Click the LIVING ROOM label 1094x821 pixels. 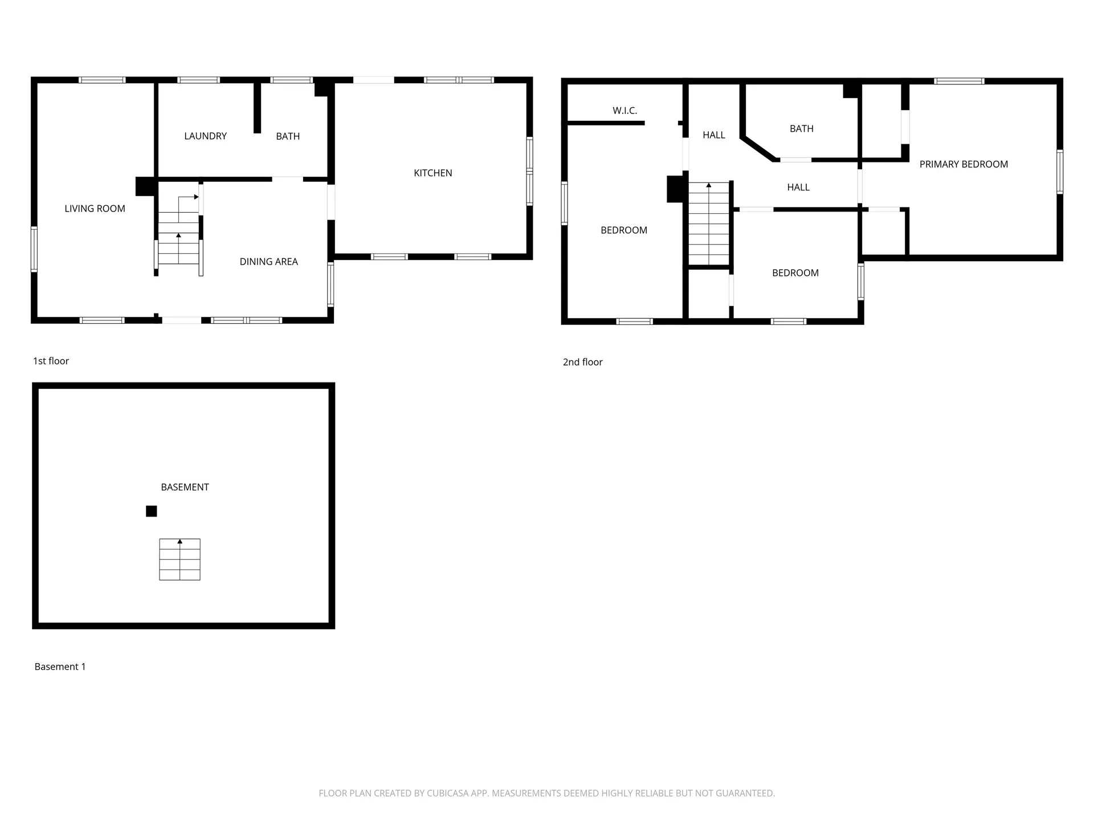(95, 209)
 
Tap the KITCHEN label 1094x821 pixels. (432, 173)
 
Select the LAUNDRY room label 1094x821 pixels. (205, 136)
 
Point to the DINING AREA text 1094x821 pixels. (268, 262)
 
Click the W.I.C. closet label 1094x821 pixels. (624, 111)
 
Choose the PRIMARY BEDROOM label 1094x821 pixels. (964, 164)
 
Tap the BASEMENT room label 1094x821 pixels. (185, 487)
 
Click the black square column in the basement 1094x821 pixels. (151, 511)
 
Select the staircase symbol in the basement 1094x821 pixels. (179, 559)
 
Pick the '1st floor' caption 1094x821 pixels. (51, 361)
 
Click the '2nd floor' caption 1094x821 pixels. (582, 362)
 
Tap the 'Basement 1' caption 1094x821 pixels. (60, 666)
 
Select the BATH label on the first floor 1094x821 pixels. (288, 136)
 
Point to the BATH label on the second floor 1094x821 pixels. (801, 129)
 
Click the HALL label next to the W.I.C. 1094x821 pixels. (713, 135)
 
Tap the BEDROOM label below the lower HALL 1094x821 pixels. (795, 273)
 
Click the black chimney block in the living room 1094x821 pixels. (145, 186)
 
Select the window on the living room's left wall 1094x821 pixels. (34, 249)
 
